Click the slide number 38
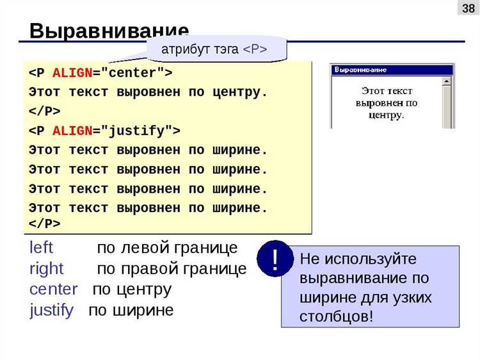coord(468,8)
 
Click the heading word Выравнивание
coord(109,31)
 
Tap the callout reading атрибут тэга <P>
coord(214,49)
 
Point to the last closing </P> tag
coord(45,224)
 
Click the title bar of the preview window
coord(392,69)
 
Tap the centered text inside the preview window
coord(386,103)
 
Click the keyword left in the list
coord(42,248)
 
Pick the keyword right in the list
coord(47,268)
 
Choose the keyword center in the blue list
coord(54,289)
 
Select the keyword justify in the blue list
coord(51,310)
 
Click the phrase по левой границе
coord(167,248)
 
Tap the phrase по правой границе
coord(172,268)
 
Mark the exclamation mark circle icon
coord(275,259)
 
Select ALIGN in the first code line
coord(73,72)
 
